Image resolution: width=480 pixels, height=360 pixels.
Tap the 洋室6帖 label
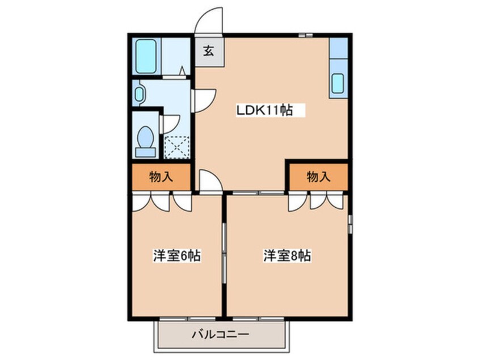(176, 256)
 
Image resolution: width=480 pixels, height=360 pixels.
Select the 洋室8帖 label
(287, 256)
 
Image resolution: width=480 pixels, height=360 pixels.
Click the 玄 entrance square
(208, 50)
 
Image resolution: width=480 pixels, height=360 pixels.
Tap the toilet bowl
(146, 140)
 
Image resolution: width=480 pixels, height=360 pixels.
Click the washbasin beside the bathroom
(140, 93)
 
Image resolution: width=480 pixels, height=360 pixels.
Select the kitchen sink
(337, 83)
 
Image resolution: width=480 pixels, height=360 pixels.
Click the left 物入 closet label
(161, 177)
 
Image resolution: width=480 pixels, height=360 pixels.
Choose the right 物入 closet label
(318, 177)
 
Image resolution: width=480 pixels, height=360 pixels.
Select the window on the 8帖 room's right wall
(350, 224)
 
